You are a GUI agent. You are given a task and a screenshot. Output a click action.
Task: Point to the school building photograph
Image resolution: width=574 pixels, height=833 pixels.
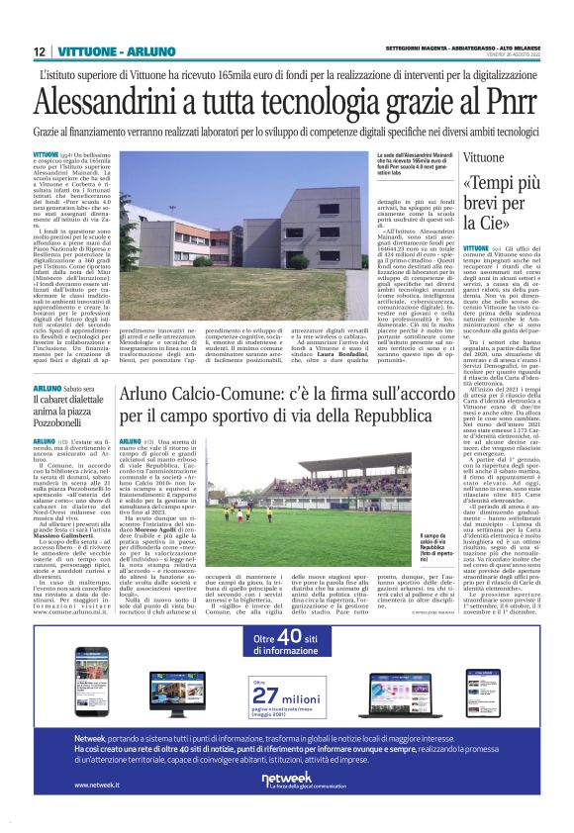click(x=246, y=212)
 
